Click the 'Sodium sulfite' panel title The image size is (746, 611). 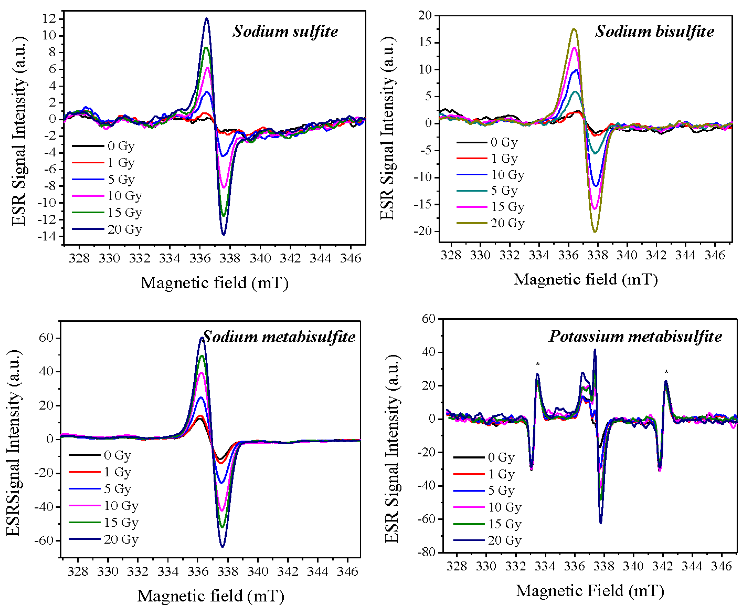point(285,32)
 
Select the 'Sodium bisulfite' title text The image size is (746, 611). point(654,32)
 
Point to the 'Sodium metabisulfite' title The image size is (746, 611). point(279,337)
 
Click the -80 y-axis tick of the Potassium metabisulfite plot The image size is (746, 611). point(426,552)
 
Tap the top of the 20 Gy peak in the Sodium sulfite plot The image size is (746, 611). point(207,19)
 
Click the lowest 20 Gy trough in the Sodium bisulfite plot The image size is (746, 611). point(595,232)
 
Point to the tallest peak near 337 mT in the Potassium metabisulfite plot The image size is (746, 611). point(595,350)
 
